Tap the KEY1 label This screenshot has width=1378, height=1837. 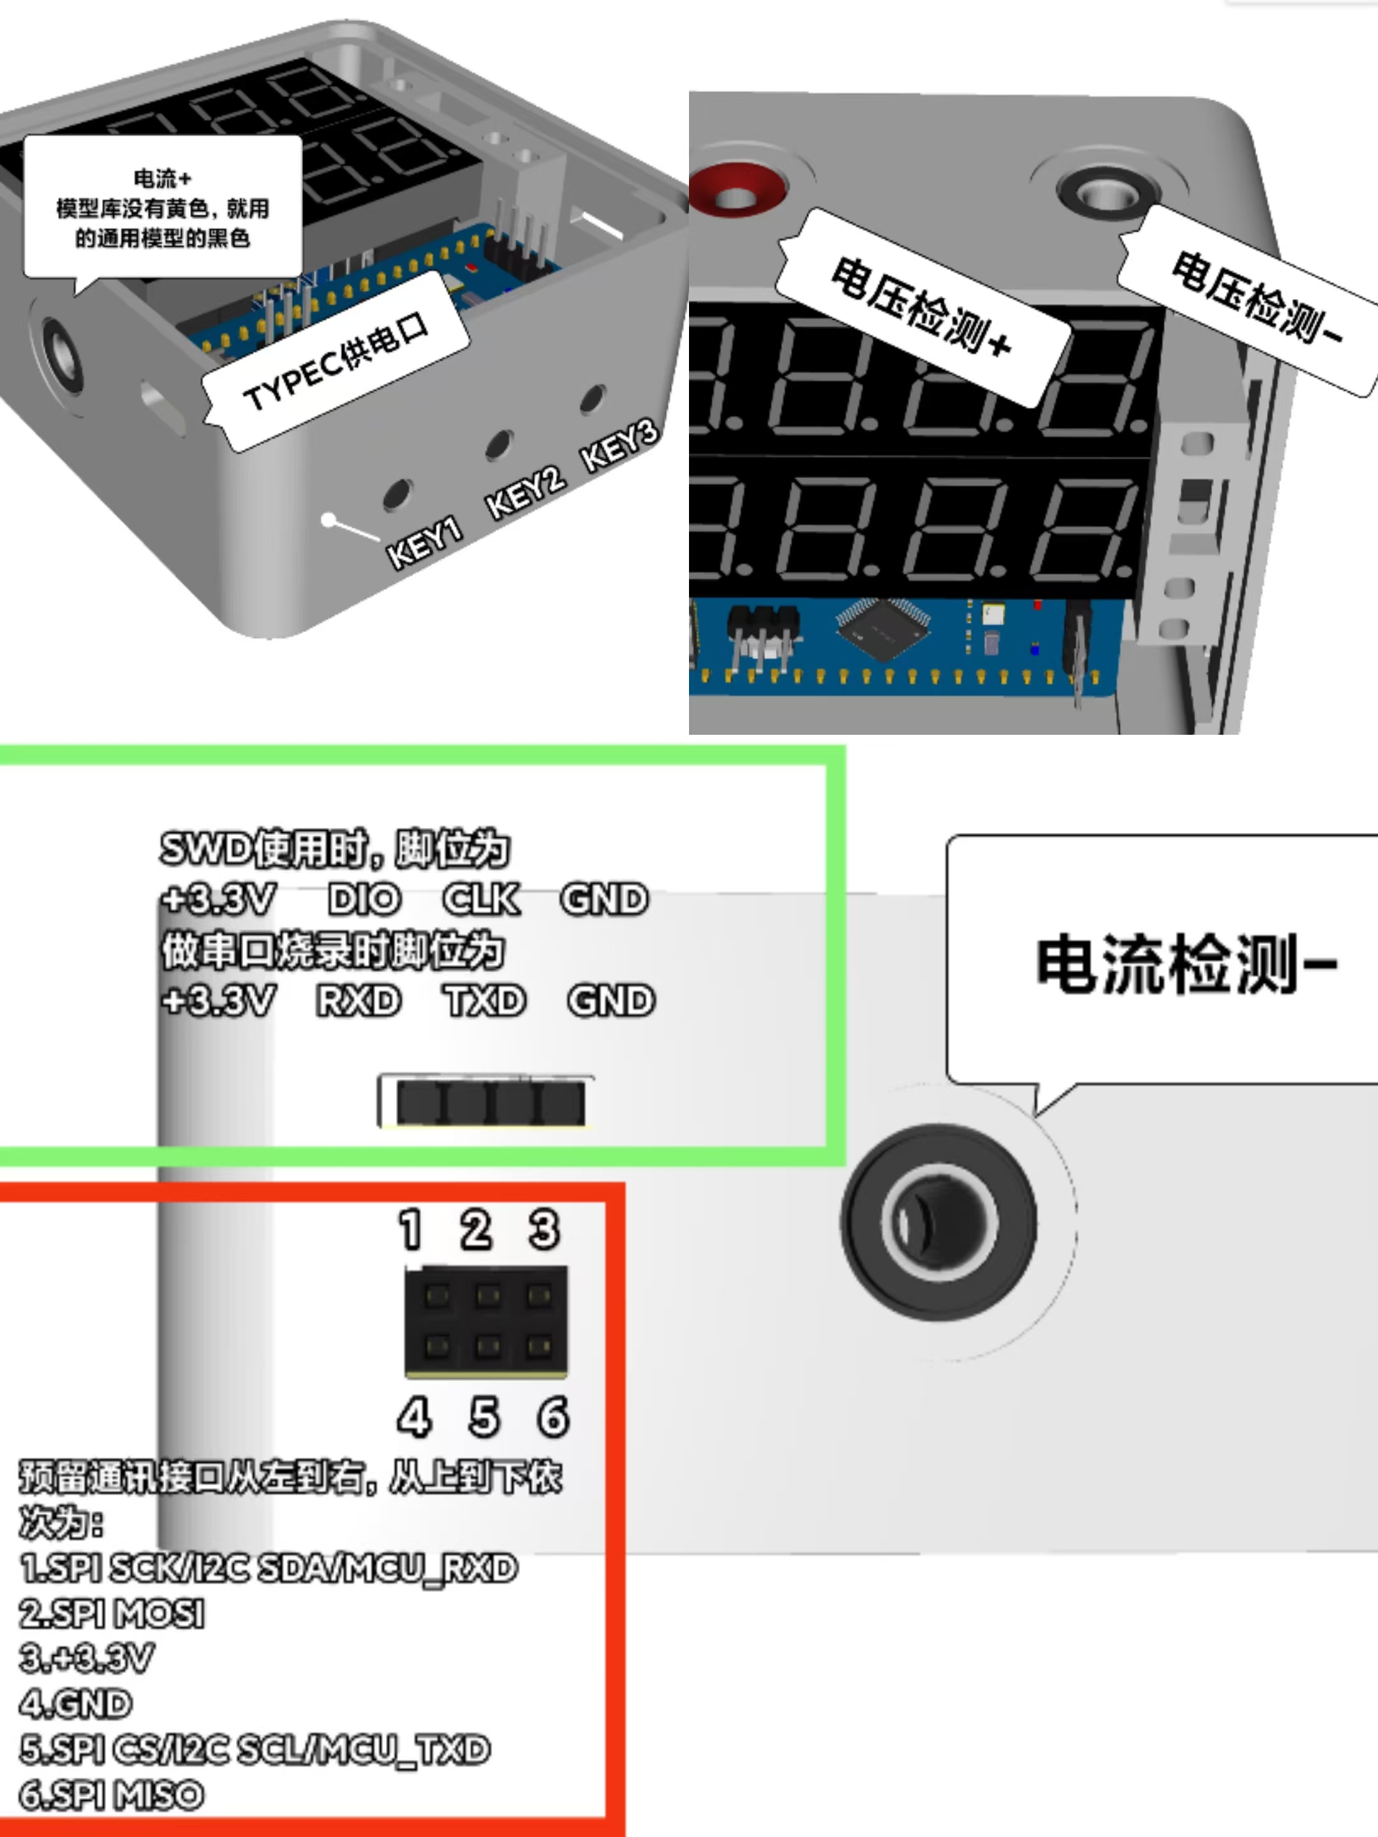(424, 543)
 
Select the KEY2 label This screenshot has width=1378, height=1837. (525, 492)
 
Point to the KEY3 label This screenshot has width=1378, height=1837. (619, 445)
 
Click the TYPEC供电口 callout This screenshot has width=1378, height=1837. (336, 362)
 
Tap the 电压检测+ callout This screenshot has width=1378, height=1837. (922, 307)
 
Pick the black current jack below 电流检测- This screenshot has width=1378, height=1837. (938, 1221)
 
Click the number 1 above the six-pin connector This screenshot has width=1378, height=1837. (410, 1229)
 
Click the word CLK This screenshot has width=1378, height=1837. (482, 899)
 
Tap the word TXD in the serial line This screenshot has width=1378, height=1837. (484, 1001)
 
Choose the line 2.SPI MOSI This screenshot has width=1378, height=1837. (112, 1614)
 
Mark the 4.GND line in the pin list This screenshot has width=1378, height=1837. (75, 1704)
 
